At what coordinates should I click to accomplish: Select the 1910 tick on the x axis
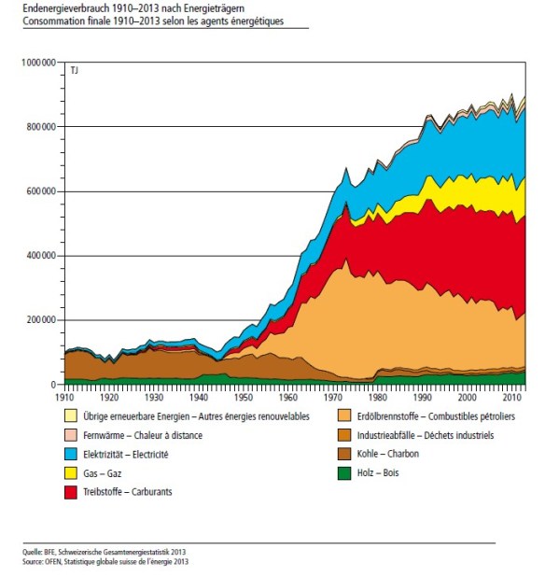tap(64, 396)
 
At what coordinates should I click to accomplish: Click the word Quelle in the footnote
tap(34, 554)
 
